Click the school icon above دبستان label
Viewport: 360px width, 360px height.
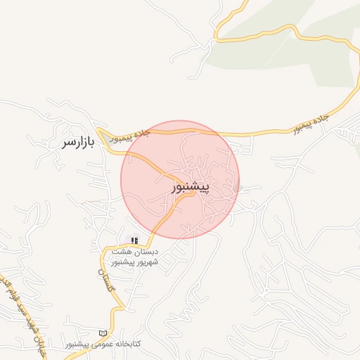134,240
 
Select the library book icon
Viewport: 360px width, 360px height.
104,332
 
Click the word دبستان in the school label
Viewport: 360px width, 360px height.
167,252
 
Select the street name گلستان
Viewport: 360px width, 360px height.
108,280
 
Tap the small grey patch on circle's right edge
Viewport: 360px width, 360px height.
237,186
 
